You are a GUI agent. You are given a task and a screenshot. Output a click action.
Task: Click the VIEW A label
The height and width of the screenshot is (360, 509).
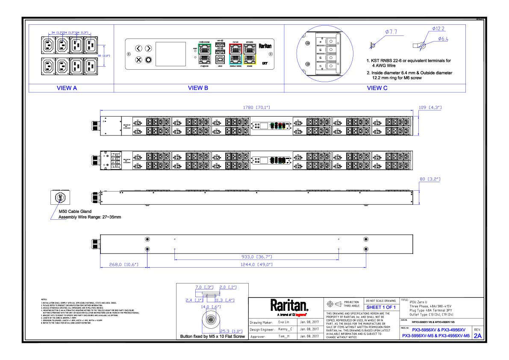pyautogui.click(x=67, y=88)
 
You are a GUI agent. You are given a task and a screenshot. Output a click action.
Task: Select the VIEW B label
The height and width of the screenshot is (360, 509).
pyautogui.click(x=198, y=88)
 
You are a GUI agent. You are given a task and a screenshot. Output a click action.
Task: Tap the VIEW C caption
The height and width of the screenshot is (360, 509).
pyautogui.click(x=377, y=88)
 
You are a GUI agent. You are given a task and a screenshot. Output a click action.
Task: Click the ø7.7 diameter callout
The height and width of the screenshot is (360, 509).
pyautogui.click(x=391, y=32)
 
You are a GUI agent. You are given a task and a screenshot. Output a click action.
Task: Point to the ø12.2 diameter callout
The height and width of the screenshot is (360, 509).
pyautogui.click(x=438, y=29)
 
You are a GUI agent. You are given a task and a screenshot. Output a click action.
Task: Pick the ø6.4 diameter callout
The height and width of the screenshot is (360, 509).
pyautogui.click(x=443, y=39)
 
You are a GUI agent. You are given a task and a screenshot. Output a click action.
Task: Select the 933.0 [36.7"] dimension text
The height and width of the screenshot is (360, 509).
pyautogui.click(x=256, y=257)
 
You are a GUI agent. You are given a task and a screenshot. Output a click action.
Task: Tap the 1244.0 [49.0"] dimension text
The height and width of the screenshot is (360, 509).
pyautogui.click(x=256, y=265)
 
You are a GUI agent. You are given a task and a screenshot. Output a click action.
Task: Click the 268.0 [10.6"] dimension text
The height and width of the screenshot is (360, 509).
pyautogui.click(x=124, y=265)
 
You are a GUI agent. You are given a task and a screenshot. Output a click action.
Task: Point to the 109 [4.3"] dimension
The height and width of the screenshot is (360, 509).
pyautogui.click(x=430, y=107)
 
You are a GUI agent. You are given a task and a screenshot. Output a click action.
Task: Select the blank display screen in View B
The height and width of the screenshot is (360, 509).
pyautogui.click(x=171, y=54)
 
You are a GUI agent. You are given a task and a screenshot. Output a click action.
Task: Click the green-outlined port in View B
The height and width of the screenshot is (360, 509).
pyautogui.click(x=205, y=48)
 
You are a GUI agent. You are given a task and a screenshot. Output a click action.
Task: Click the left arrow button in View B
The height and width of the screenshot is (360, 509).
pyautogui.click(x=138, y=48)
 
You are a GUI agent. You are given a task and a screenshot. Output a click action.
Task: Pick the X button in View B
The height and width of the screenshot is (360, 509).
pyautogui.click(x=138, y=59)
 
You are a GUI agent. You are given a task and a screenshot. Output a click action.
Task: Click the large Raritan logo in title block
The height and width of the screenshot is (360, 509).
pyautogui.click(x=289, y=305)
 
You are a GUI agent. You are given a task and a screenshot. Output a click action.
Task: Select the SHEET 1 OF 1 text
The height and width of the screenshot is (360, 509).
pyautogui.click(x=381, y=307)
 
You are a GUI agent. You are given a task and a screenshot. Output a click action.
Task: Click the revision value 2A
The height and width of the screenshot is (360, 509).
pyautogui.click(x=477, y=336)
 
